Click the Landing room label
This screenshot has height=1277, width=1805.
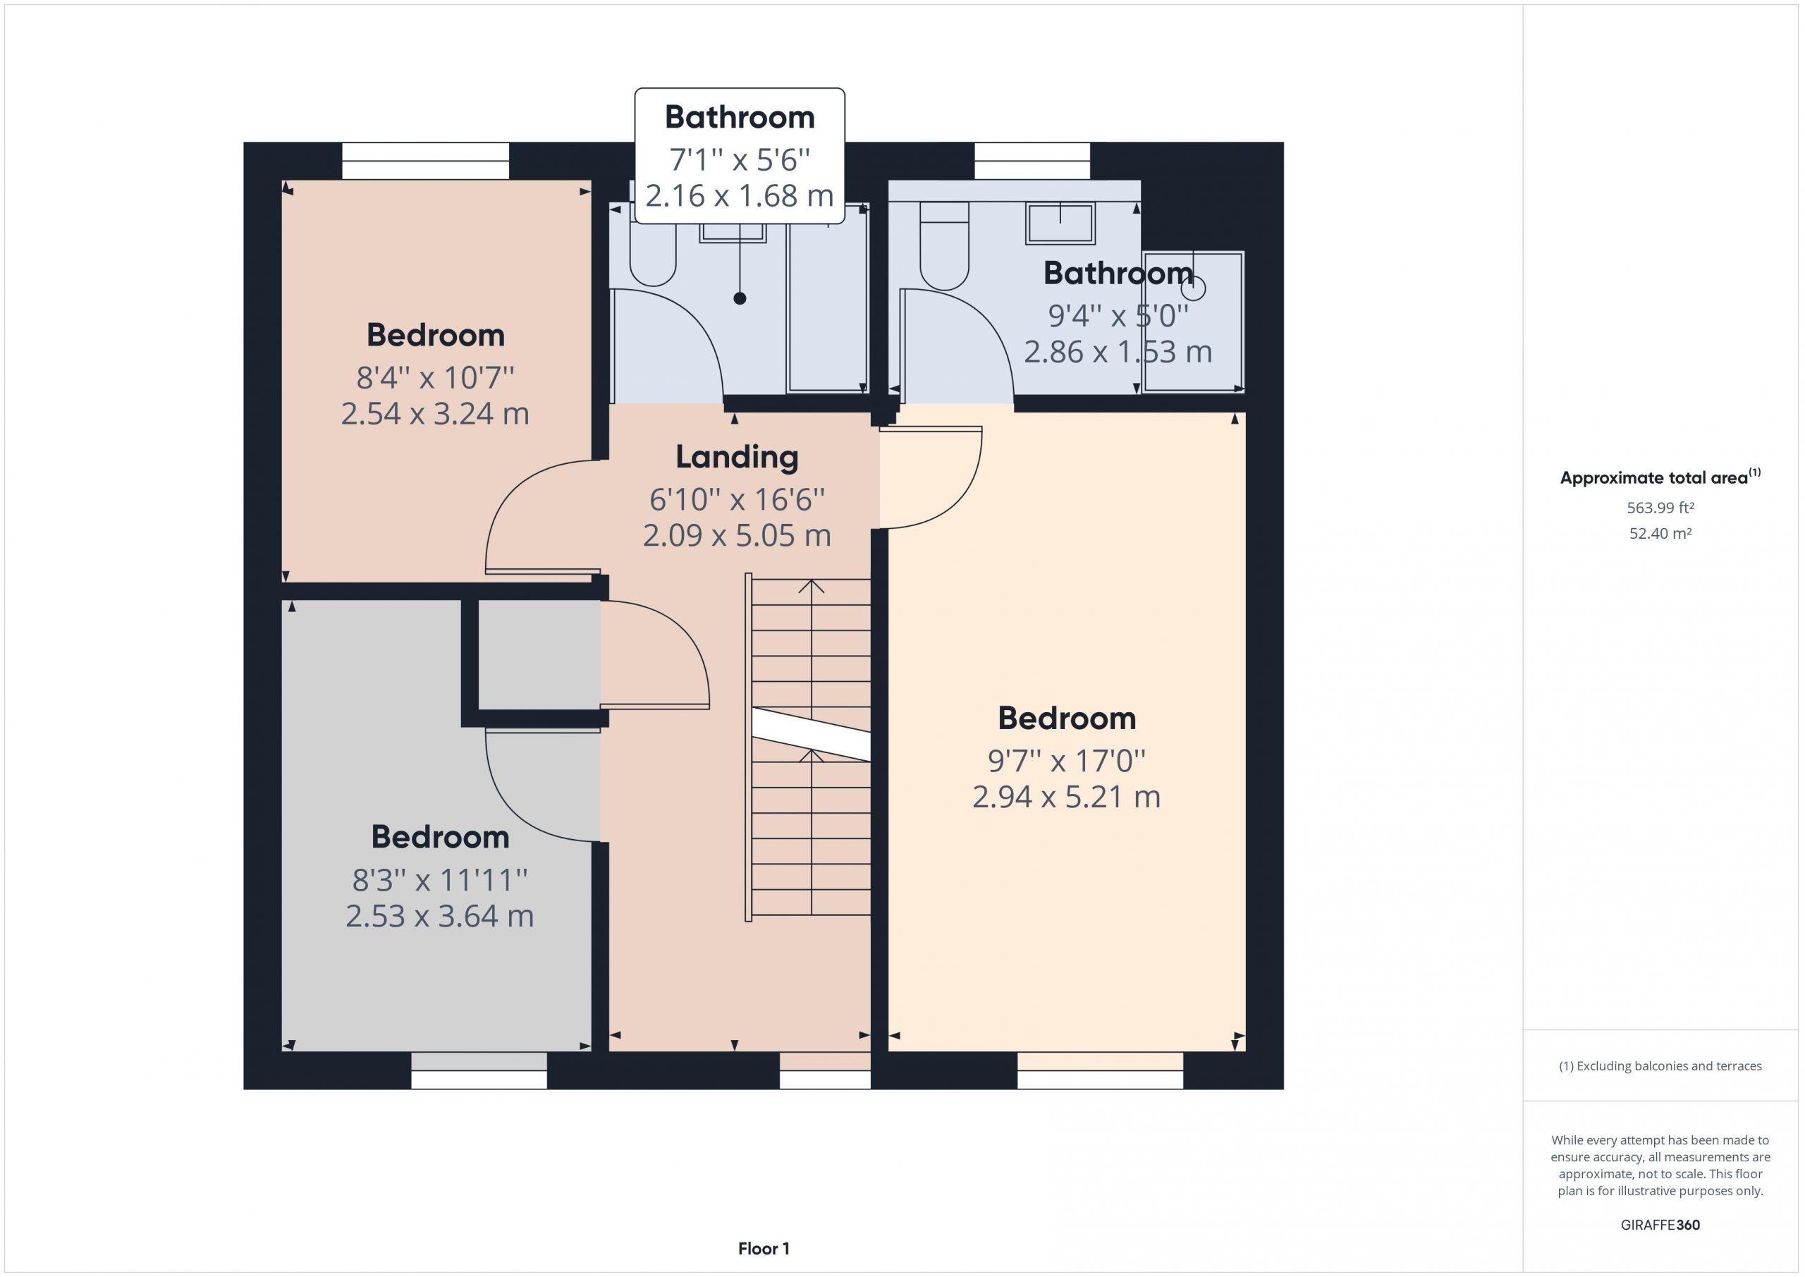(x=737, y=457)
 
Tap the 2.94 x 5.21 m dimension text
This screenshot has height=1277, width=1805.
(x=1066, y=798)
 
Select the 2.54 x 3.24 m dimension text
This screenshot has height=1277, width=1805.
(x=435, y=414)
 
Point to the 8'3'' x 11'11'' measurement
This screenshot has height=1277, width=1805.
(x=439, y=880)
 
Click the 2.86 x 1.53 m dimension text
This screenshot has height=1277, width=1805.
(x=1117, y=351)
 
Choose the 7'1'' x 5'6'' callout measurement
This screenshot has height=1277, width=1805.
(x=739, y=159)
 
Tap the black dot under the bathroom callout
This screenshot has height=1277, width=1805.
(x=740, y=298)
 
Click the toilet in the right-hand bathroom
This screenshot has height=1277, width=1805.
(x=944, y=246)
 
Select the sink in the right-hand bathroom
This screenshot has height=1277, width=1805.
(x=1060, y=223)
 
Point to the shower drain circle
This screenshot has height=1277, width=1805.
(x=1194, y=288)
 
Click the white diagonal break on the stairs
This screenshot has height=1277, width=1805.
(x=811, y=733)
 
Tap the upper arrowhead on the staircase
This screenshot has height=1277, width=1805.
(x=812, y=587)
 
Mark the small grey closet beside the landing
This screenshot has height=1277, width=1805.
(x=539, y=654)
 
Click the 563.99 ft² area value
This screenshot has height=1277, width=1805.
(x=1660, y=508)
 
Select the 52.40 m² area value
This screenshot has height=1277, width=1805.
(x=1660, y=533)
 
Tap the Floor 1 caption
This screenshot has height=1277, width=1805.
(x=764, y=1249)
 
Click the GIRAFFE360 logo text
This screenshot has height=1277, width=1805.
(x=1660, y=1224)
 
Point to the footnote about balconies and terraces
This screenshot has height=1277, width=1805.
(x=1660, y=1066)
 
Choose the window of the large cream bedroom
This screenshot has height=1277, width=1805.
(x=1100, y=1071)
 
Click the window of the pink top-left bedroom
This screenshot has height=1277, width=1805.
(x=425, y=161)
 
